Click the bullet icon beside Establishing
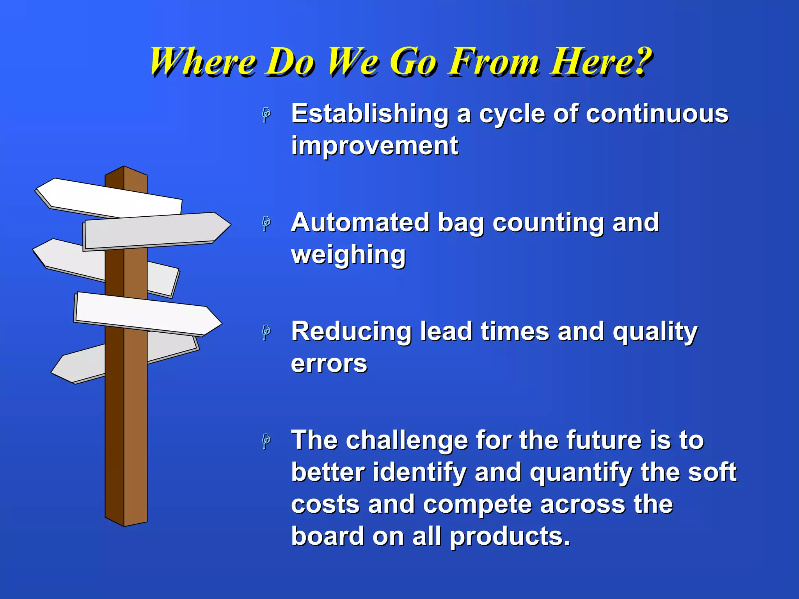click(266, 115)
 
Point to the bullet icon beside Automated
click(266, 224)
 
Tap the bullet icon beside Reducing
click(266, 332)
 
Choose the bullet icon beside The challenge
click(266, 441)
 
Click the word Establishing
click(370, 114)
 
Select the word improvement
click(375, 146)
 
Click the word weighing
click(348, 255)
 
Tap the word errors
click(329, 364)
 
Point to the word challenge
click(407, 440)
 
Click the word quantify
click(581, 472)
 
